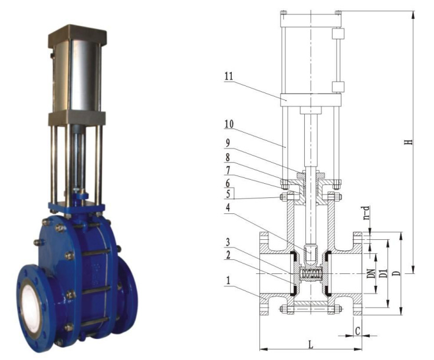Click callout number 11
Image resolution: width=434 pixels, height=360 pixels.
point(229,77)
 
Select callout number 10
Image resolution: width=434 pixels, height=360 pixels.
point(229,124)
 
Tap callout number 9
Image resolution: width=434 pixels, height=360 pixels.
point(228,143)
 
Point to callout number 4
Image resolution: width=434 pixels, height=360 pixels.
point(228,207)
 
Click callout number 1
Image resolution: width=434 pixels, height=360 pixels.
point(228,281)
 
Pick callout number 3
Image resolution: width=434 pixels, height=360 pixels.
point(228,243)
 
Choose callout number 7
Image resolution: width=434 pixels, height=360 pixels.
point(228,170)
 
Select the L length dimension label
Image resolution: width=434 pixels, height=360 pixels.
point(311,345)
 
